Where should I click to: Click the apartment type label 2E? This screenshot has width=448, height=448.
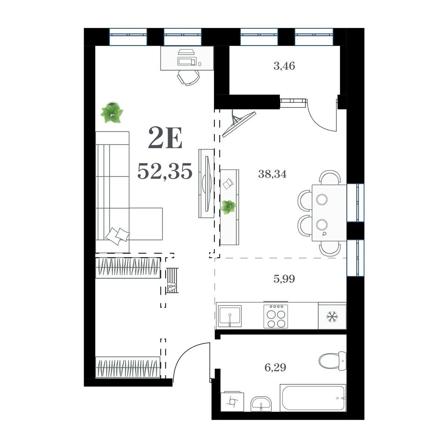tap(165, 138)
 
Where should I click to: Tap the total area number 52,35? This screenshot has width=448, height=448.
tap(165, 171)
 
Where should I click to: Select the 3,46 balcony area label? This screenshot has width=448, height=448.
tap(284, 66)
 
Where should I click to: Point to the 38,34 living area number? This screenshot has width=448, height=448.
tap(273, 174)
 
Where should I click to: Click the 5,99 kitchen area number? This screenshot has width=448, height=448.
tap(284, 279)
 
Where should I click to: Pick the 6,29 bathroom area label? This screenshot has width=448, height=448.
tap(275, 368)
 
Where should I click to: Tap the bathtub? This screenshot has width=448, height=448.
tap(313, 398)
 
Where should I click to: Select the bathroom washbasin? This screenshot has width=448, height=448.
tap(261, 404)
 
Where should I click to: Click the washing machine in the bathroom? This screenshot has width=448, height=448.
tap(232, 401)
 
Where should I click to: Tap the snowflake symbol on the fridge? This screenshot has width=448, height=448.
tap(332, 316)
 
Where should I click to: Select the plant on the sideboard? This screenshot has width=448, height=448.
tap(229, 207)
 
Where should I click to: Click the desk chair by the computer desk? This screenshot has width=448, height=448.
tap(188, 77)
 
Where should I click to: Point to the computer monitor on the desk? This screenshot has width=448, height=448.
tap(187, 61)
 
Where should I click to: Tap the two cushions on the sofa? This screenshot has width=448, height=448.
tap(117, 236)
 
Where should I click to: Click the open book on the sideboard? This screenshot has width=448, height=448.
tap(228, 183)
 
